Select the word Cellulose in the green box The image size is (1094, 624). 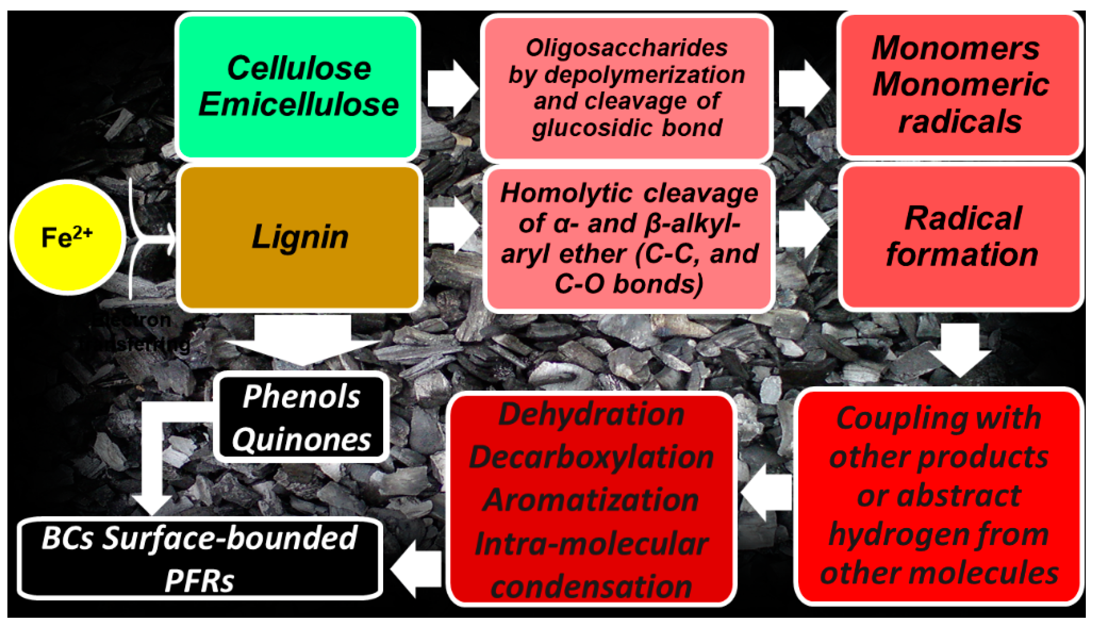[298, 69]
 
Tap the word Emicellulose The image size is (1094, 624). [298, 105]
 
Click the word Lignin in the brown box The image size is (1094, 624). [300, 237]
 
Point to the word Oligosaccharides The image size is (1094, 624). [626, 48]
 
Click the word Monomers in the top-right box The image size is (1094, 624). [955, 48]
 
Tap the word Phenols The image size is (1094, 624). [301, 397]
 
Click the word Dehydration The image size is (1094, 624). [591, 415]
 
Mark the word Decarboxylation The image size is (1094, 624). [591, 457]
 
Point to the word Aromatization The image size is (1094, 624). [591, 500]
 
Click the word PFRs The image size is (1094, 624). [199, 581]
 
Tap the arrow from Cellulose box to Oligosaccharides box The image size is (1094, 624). [452, 89]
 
